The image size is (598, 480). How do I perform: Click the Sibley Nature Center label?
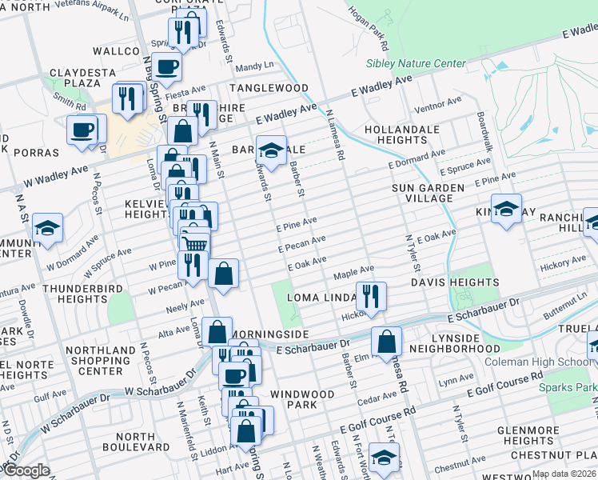pyautogui.click(x=415, y=63)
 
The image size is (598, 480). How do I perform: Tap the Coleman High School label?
pyautogui.click(x=535, y=362)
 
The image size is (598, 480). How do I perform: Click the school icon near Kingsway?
pyautogui.click(x=505, y=210)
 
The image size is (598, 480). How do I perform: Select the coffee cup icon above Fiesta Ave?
pyautogui.click(x=166, y=66)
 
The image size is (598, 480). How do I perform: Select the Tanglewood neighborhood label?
pyautogui.click(x=269, y=87)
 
